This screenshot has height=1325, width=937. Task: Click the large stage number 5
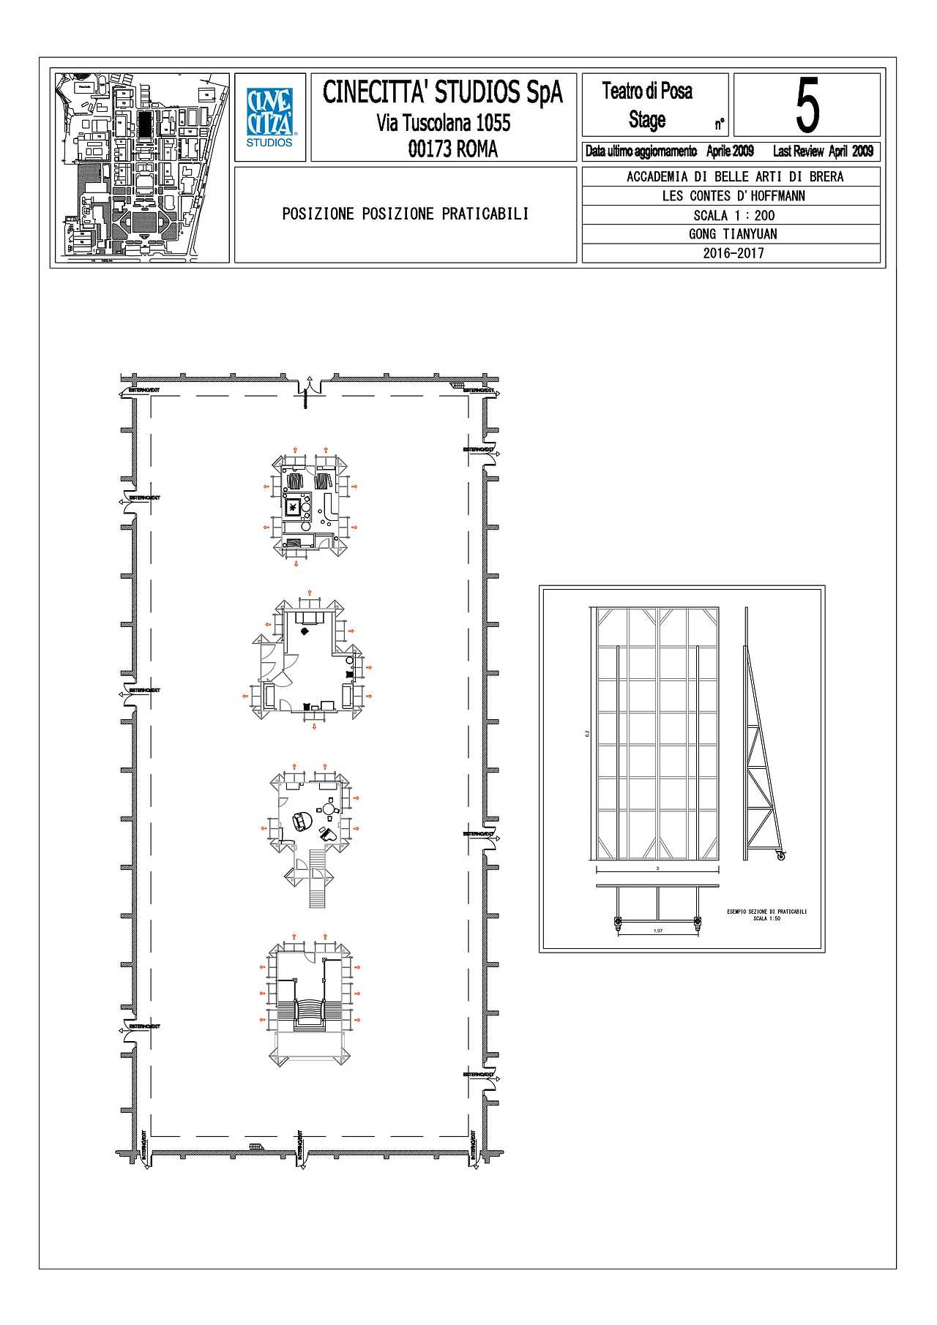click(807, 105)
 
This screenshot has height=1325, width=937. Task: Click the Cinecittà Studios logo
click(269, 117)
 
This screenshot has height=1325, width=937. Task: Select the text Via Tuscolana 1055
click(443, 122)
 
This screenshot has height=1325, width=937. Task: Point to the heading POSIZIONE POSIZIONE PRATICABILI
click(405, 214)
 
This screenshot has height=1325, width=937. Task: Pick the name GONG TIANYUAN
click(733, 234)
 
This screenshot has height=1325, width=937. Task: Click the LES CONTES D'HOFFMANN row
click(733, 196)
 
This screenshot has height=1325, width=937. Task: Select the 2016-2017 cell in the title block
click(733, 253)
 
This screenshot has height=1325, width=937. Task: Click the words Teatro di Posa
click(647, 91)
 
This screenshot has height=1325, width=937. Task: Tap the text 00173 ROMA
click(452, 149)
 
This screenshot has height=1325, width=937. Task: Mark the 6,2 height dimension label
click(587, 733)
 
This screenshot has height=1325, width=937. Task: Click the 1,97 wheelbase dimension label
click(657, 931)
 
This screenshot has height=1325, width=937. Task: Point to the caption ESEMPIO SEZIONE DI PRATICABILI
click(766, 912)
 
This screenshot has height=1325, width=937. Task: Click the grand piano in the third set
click(300, 821)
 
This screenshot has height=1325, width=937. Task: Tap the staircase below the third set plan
click(316, 878)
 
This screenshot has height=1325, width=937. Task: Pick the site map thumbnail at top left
click(141, 167)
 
